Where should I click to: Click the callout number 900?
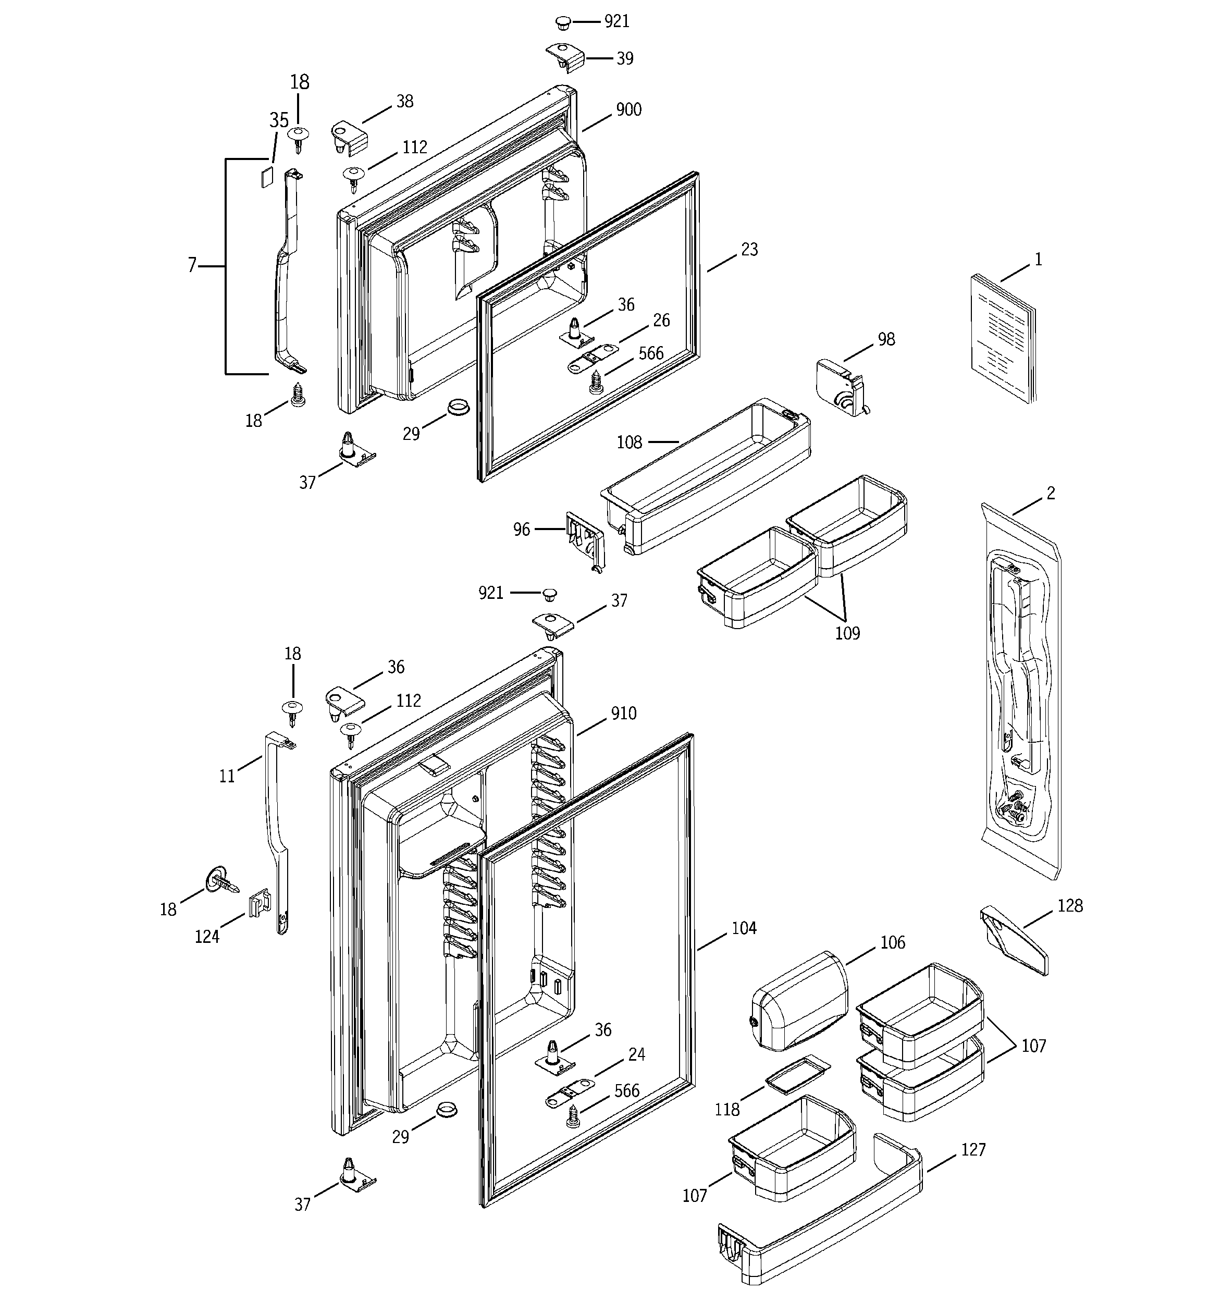[628, 109]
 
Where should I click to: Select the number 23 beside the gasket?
[749, 250]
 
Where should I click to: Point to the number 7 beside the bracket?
[192, 265]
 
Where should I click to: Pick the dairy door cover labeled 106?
[798, 1001]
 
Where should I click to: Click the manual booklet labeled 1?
[1002, 337]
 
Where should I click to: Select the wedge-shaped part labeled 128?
[1014, 941]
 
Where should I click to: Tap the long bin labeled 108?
[707, 477]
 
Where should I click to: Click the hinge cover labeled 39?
[564, 58]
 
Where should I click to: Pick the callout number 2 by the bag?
[1051, 493]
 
